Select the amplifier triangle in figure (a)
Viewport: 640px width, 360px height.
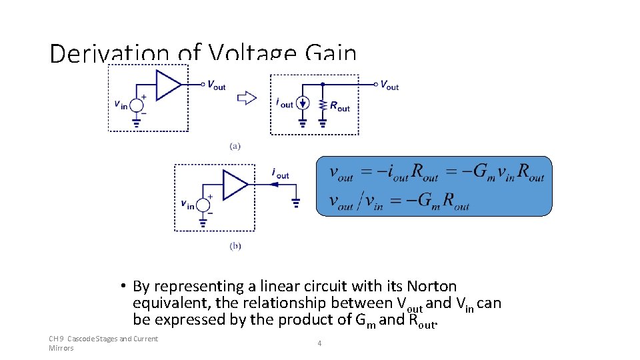point(167,85)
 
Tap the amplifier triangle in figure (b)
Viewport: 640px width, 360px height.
point(234,185)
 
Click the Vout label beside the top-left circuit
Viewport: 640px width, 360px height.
point(216,85)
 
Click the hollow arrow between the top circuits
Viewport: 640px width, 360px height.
point(247,98)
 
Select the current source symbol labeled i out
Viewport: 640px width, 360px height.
point(303,104)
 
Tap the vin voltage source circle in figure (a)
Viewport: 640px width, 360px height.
point(137,105)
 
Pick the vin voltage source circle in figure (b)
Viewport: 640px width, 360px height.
point(203,205)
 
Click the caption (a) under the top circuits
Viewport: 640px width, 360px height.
point(235,145)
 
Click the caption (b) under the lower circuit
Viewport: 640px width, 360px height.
point(235,246)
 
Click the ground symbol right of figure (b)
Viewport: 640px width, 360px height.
point(295,201)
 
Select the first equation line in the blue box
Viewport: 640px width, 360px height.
point(437,173)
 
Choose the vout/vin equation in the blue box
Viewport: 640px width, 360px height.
point(399,201)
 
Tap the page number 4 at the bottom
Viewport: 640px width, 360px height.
point(320,343)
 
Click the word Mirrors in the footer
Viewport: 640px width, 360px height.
point(61,348)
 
